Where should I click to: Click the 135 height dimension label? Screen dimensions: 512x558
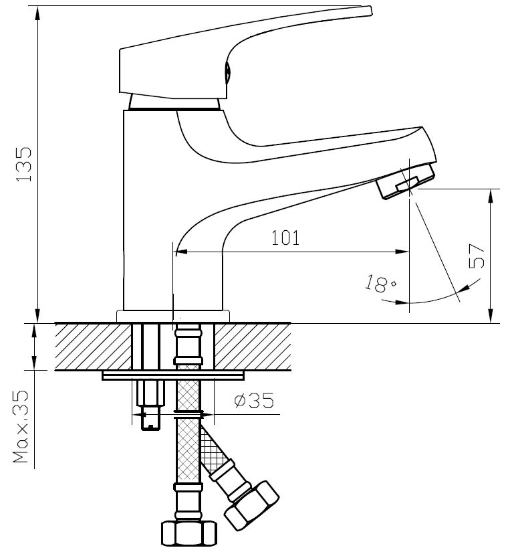click(x=24, y=164)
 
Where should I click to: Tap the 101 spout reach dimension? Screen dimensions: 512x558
click(x=285, y=238)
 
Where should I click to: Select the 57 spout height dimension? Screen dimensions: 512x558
click(x=477, y=256)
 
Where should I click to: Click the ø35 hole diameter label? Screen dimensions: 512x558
click(x=254, y=400)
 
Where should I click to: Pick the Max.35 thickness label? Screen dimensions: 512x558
click(x=21, y=426)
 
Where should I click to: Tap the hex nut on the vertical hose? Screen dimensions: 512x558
click(x=188, y=533)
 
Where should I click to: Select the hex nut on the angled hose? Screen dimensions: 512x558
click(x=251, y=505)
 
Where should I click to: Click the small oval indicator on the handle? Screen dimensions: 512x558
click(x=227, y=72)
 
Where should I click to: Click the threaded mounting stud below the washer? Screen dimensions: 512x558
click(x=151, y=405)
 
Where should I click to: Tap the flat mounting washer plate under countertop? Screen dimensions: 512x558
click(x=173, y=375)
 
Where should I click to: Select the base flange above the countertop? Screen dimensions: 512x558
click(x=173, y=316)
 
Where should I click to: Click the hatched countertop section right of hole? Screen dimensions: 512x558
click(x=253, y=347)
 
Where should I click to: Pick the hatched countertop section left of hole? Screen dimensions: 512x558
click(x=93, y=347)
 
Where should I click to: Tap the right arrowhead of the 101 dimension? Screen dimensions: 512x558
click(x=402, y=252)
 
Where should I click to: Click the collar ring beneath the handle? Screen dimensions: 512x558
click(x=174, y=102)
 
